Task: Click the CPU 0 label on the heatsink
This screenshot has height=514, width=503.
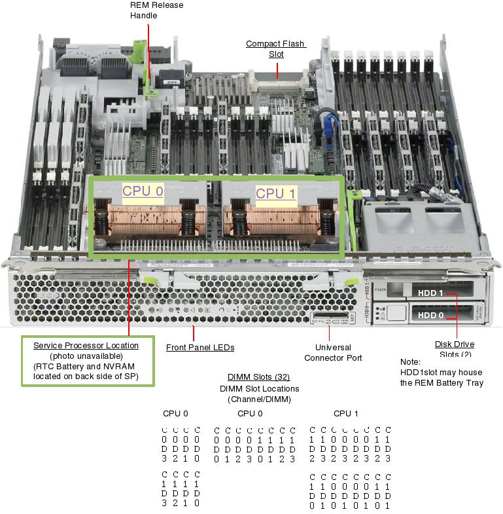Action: tap(142, 191)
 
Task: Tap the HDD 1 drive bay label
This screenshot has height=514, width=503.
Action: tap(430, 294)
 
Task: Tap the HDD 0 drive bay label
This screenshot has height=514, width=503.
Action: tap(430, 315)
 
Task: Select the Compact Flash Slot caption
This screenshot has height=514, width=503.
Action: tap(275, 49)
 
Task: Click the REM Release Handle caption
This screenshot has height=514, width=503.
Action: tap(157, 10)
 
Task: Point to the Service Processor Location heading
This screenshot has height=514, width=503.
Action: tap(86, 345)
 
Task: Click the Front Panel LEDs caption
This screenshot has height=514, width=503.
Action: tap(200, 348)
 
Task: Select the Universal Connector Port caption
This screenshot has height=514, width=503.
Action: tap(333, 353)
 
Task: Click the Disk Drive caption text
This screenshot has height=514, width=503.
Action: tap(455, 344)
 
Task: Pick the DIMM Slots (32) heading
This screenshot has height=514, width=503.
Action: tap(258, 377)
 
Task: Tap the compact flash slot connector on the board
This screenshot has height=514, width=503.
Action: tap(277, 84)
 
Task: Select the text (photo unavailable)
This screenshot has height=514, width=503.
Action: tap(86, 356)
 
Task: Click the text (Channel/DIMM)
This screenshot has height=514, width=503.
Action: tap(258, 399)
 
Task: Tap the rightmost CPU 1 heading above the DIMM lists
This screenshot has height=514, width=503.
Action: tap(346, 413)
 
